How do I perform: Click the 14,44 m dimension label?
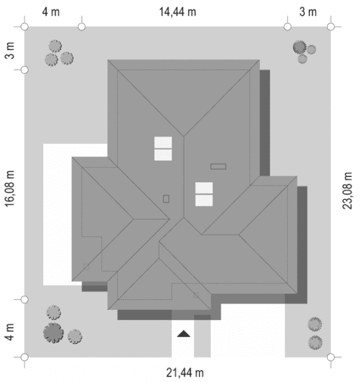[x=177, y=12]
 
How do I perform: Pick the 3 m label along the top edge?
[x=308, y=12]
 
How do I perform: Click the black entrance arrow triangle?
[x=183, y=334]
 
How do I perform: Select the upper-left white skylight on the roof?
[x=163, y=149]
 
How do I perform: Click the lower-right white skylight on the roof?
[x=204, y=194]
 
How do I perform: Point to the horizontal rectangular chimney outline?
[x=218, y=166]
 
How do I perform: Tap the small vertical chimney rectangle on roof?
[x=166, y=199]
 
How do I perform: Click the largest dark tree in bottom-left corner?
[x=52, y=333]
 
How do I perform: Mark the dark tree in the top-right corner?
[x=299, y=48]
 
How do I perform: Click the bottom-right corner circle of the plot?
[x=332, y=357]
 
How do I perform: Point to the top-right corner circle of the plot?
[x=332, y=26]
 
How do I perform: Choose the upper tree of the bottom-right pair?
[x=315, y=324]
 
